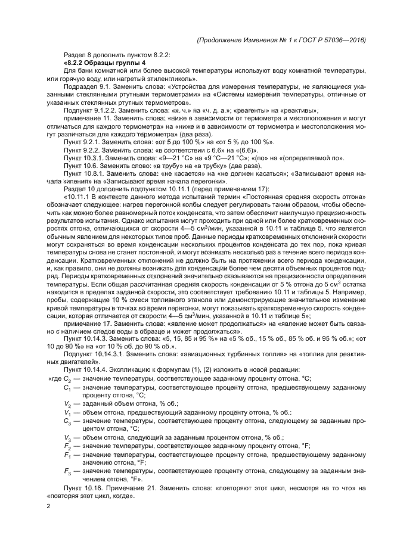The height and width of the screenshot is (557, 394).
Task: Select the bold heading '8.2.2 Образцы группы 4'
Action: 103,63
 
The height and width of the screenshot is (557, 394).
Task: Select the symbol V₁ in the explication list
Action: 67,412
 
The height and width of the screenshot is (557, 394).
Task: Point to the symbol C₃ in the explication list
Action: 67,421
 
